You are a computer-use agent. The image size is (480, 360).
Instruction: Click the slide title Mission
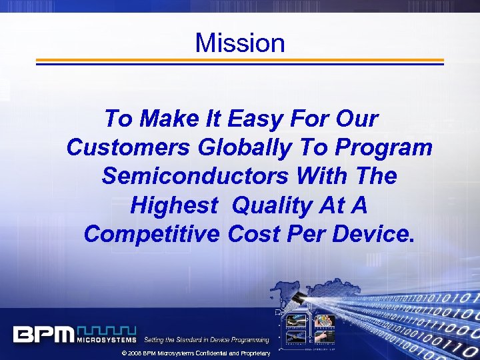(240, 43)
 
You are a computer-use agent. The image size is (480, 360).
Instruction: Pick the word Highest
(174, 205)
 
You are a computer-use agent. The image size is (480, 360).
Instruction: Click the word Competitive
(152, 234)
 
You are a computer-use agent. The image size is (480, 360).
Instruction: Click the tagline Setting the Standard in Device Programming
(207, 340)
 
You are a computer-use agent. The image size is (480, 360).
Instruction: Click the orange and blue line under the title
(239, 61)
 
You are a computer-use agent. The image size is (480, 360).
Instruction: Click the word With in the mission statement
(321, 177)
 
